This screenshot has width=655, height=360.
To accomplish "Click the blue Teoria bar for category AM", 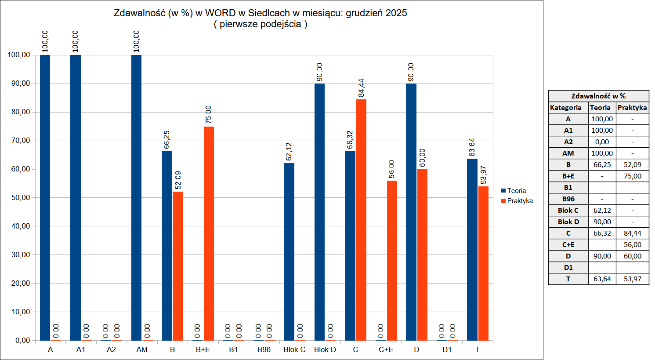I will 136,198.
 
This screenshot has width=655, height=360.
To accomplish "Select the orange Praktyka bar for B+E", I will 209,233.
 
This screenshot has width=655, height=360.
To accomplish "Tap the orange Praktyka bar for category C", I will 361,220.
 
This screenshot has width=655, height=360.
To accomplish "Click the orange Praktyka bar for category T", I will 483,263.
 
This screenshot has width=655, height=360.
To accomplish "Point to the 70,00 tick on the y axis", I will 19,141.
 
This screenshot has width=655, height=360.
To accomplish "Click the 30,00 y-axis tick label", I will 19,255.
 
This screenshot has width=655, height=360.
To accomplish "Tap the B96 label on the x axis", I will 264,349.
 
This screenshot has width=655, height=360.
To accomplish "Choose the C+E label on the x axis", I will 386,349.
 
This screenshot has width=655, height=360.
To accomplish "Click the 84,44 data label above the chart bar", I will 361,87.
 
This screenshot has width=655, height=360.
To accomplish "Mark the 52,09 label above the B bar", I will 178,180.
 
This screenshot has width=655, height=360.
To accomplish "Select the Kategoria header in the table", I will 566,108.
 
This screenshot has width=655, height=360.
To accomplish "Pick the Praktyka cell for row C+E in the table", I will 632,245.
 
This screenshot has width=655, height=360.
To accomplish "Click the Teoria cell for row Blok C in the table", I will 602,211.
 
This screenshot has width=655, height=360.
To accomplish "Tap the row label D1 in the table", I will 568,268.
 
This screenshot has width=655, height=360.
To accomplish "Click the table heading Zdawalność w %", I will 598,96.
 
